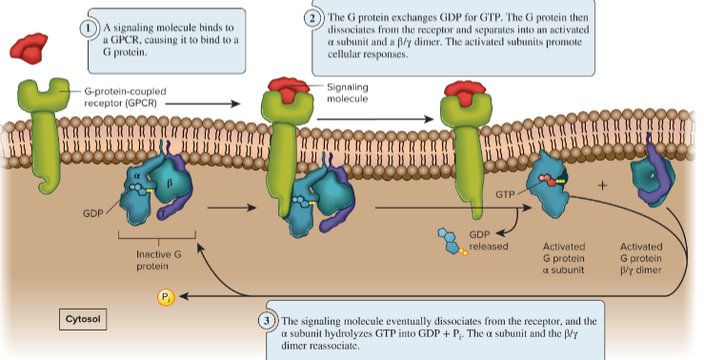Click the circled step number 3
[270, 318]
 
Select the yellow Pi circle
[166, 299]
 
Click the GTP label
[505, 193]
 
